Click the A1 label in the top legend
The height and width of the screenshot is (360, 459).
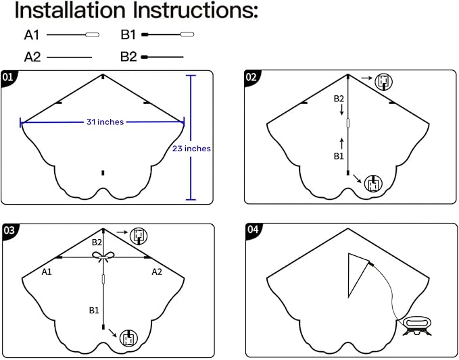[32, 34]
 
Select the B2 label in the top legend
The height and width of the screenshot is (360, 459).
[128, 57]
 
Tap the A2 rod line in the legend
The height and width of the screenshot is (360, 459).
[69, 57]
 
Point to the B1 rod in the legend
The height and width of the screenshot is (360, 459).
[168, 34]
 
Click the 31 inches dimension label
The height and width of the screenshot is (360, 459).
[105, 122]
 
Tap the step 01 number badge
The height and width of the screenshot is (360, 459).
[9, 76]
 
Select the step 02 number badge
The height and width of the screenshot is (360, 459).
[251, 76]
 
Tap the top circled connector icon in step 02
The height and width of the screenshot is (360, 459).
[383, 82]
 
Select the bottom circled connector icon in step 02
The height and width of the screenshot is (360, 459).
[374, 182]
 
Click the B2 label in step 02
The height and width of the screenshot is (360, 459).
[339, 99]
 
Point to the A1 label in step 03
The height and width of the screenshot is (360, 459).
[47, 272]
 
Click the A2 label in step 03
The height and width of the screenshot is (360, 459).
[158, 272]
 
